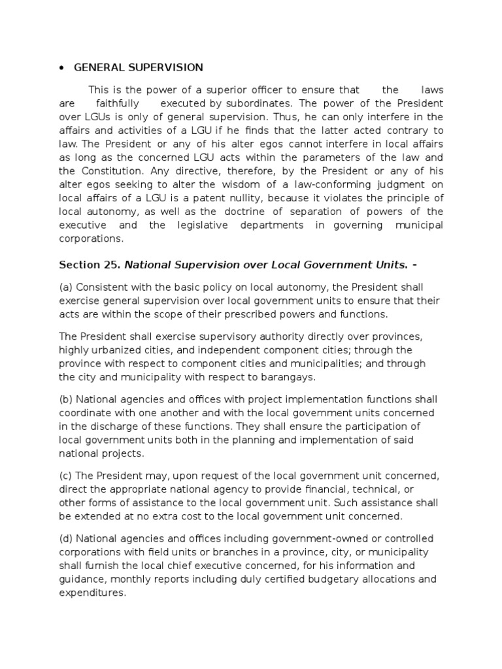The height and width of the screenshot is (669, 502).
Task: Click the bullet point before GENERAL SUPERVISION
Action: [x=61, y=67]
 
